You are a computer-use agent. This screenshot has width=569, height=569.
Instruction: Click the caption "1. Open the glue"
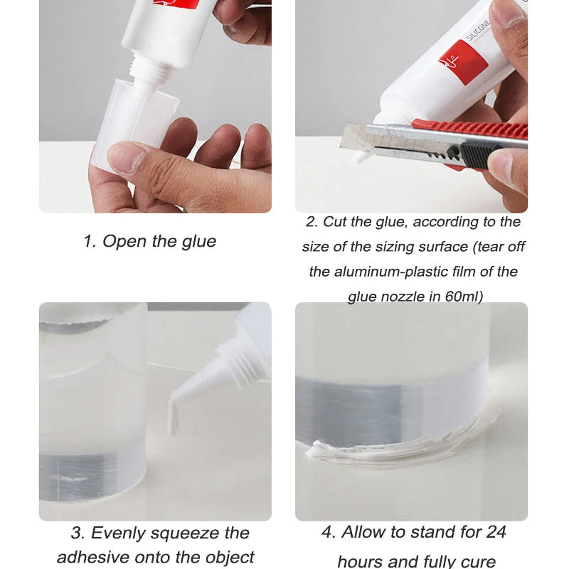pyautogui.click(x=149, y=241)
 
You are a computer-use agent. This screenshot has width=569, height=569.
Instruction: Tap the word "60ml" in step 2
pyautogui.click(x=464, y=297)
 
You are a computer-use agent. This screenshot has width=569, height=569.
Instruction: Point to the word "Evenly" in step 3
pyautogui.click(x=122, y=533)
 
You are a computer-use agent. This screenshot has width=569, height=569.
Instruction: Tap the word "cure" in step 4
pyautogui.click(x=479, y=560)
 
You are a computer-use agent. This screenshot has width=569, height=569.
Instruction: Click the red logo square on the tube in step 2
pyautogui.click(x=463, y=63)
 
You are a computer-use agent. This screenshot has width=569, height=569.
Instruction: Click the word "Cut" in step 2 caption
pyautogui.click(x=334, y=222)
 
